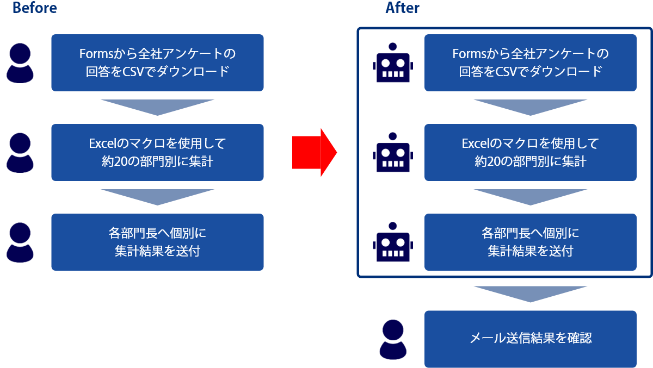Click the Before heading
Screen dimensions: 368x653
(x=34, y=8)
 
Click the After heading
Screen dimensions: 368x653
(x=403, y=8)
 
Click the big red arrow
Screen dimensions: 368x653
(x=315, y=153)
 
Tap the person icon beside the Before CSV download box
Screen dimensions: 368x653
(x=20, y=64)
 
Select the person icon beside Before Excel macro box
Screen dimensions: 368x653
(x=20, y=153)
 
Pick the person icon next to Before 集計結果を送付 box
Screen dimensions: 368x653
(x=20, y=242)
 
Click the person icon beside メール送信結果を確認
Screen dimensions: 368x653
(x=393, y=339)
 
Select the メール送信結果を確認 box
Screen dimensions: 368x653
(x=530, y=339)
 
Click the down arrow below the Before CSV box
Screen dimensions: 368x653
(x=157, y=107)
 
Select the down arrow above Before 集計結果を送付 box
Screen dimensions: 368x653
(x=157, y=196)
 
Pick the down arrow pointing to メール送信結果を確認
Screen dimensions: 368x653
(x=530, y=293)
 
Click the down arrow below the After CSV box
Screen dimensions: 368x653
(x=530, y=107)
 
